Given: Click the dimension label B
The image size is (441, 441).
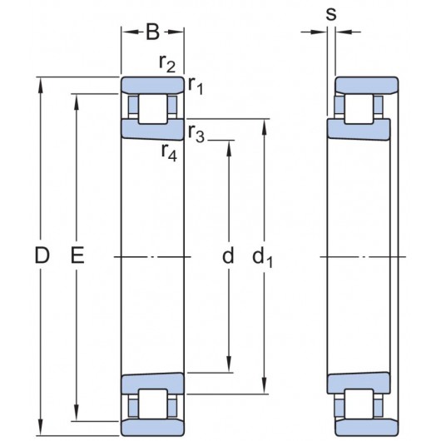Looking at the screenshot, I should (153, 33).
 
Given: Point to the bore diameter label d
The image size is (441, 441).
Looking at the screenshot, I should (227, 257).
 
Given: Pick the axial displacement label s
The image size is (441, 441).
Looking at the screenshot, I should (331, 14).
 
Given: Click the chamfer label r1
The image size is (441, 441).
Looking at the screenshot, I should (196, 83).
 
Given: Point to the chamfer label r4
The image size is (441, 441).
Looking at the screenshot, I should (169, 152).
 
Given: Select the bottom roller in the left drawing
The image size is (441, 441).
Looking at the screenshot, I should (152, 406).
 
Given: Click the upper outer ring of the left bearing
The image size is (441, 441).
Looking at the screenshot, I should (152, 85).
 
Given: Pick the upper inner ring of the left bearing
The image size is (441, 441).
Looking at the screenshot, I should (152, 130).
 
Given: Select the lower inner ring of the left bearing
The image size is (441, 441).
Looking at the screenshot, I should (152, 384).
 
